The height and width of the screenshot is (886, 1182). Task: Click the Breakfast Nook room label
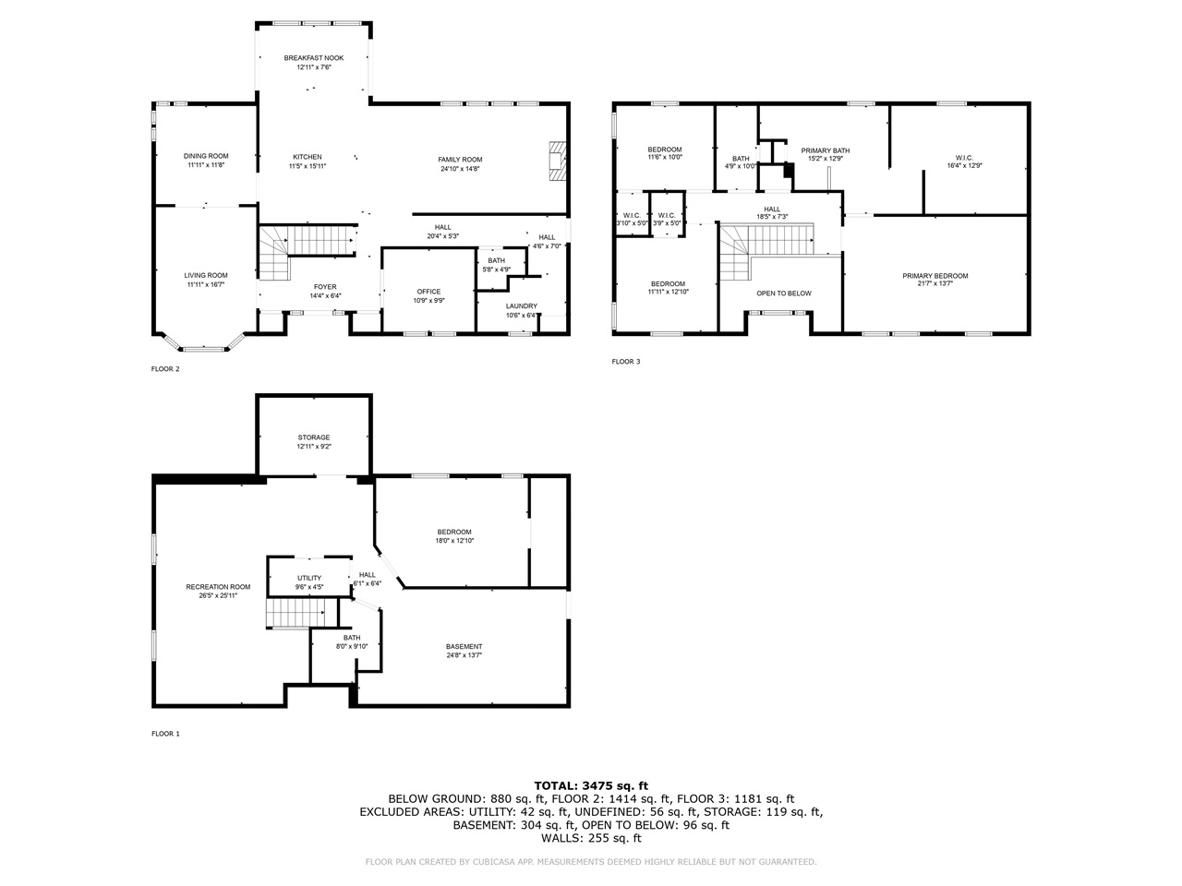click(313, 58)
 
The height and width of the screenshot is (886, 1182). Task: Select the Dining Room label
click(206, 156)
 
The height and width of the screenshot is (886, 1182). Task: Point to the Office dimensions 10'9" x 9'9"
click(428, 301)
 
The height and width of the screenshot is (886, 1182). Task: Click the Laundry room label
click(521, 305)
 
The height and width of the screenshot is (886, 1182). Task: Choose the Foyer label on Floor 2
click(325, 286)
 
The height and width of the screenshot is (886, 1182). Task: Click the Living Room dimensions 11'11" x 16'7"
click(206, 285)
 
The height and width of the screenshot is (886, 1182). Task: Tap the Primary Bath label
click(825, 150)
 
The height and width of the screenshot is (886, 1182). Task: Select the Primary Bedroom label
click(935, 276)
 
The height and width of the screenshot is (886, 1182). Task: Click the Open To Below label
click(783, 293)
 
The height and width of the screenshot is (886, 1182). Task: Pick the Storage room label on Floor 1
click(314, 437)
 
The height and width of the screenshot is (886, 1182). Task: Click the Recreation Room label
click(218, 587)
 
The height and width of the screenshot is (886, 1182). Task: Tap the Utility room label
click(309, 578)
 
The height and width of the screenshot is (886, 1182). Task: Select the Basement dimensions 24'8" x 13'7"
click(464, 655)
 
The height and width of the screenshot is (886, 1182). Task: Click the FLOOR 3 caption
click(625, 362)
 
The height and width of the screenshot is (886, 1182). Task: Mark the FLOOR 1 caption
click(165, 734)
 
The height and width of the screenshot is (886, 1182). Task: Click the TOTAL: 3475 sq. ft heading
click(591, 785)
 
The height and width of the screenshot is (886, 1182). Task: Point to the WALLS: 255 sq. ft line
click(591, 838)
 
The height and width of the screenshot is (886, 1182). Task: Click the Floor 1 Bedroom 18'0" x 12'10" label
click(454, 532)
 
